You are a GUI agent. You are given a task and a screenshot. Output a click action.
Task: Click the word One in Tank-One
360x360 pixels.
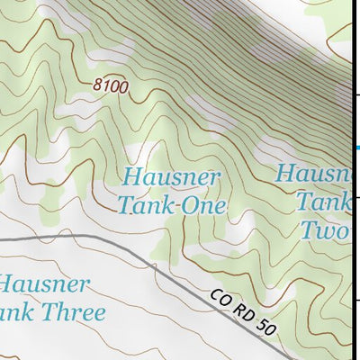point(203,205)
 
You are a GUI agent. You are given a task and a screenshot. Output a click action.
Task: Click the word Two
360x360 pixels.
point(324,231)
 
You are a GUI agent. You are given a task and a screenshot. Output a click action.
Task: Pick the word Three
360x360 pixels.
point(73,313)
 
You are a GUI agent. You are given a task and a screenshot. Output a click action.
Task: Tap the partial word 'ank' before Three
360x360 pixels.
point(16,313)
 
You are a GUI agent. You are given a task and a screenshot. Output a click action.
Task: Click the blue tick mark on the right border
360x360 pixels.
point(355,147)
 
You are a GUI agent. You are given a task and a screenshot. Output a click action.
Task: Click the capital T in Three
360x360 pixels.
point(48,313)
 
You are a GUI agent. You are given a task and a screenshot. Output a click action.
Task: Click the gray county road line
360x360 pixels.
point(108,240)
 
